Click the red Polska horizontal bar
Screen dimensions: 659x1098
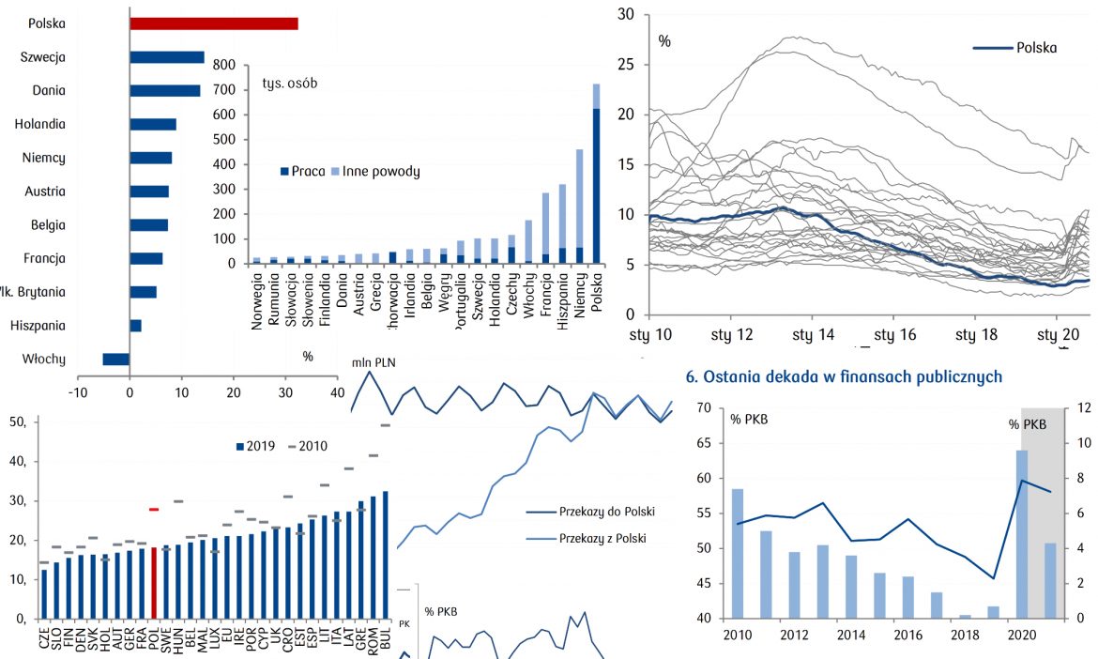click(214, 23)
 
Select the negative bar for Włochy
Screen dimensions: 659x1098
click(115, 359)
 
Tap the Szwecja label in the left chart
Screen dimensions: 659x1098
click(43, 57)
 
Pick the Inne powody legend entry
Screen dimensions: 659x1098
click(383, 172)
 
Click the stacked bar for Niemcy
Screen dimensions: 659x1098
click(580, 206)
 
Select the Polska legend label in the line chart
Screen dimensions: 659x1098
click(1036, 47)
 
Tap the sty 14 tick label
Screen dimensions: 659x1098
click(814, 335)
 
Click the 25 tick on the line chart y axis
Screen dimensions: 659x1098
click(627, 64)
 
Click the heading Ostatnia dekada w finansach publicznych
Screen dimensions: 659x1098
click(844, 376)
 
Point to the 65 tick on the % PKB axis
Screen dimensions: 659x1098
click(706, 443)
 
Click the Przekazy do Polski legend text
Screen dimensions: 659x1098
click(606, 512)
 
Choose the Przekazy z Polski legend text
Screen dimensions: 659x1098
click(604, 539)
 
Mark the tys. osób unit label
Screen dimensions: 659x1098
click(290, 83)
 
